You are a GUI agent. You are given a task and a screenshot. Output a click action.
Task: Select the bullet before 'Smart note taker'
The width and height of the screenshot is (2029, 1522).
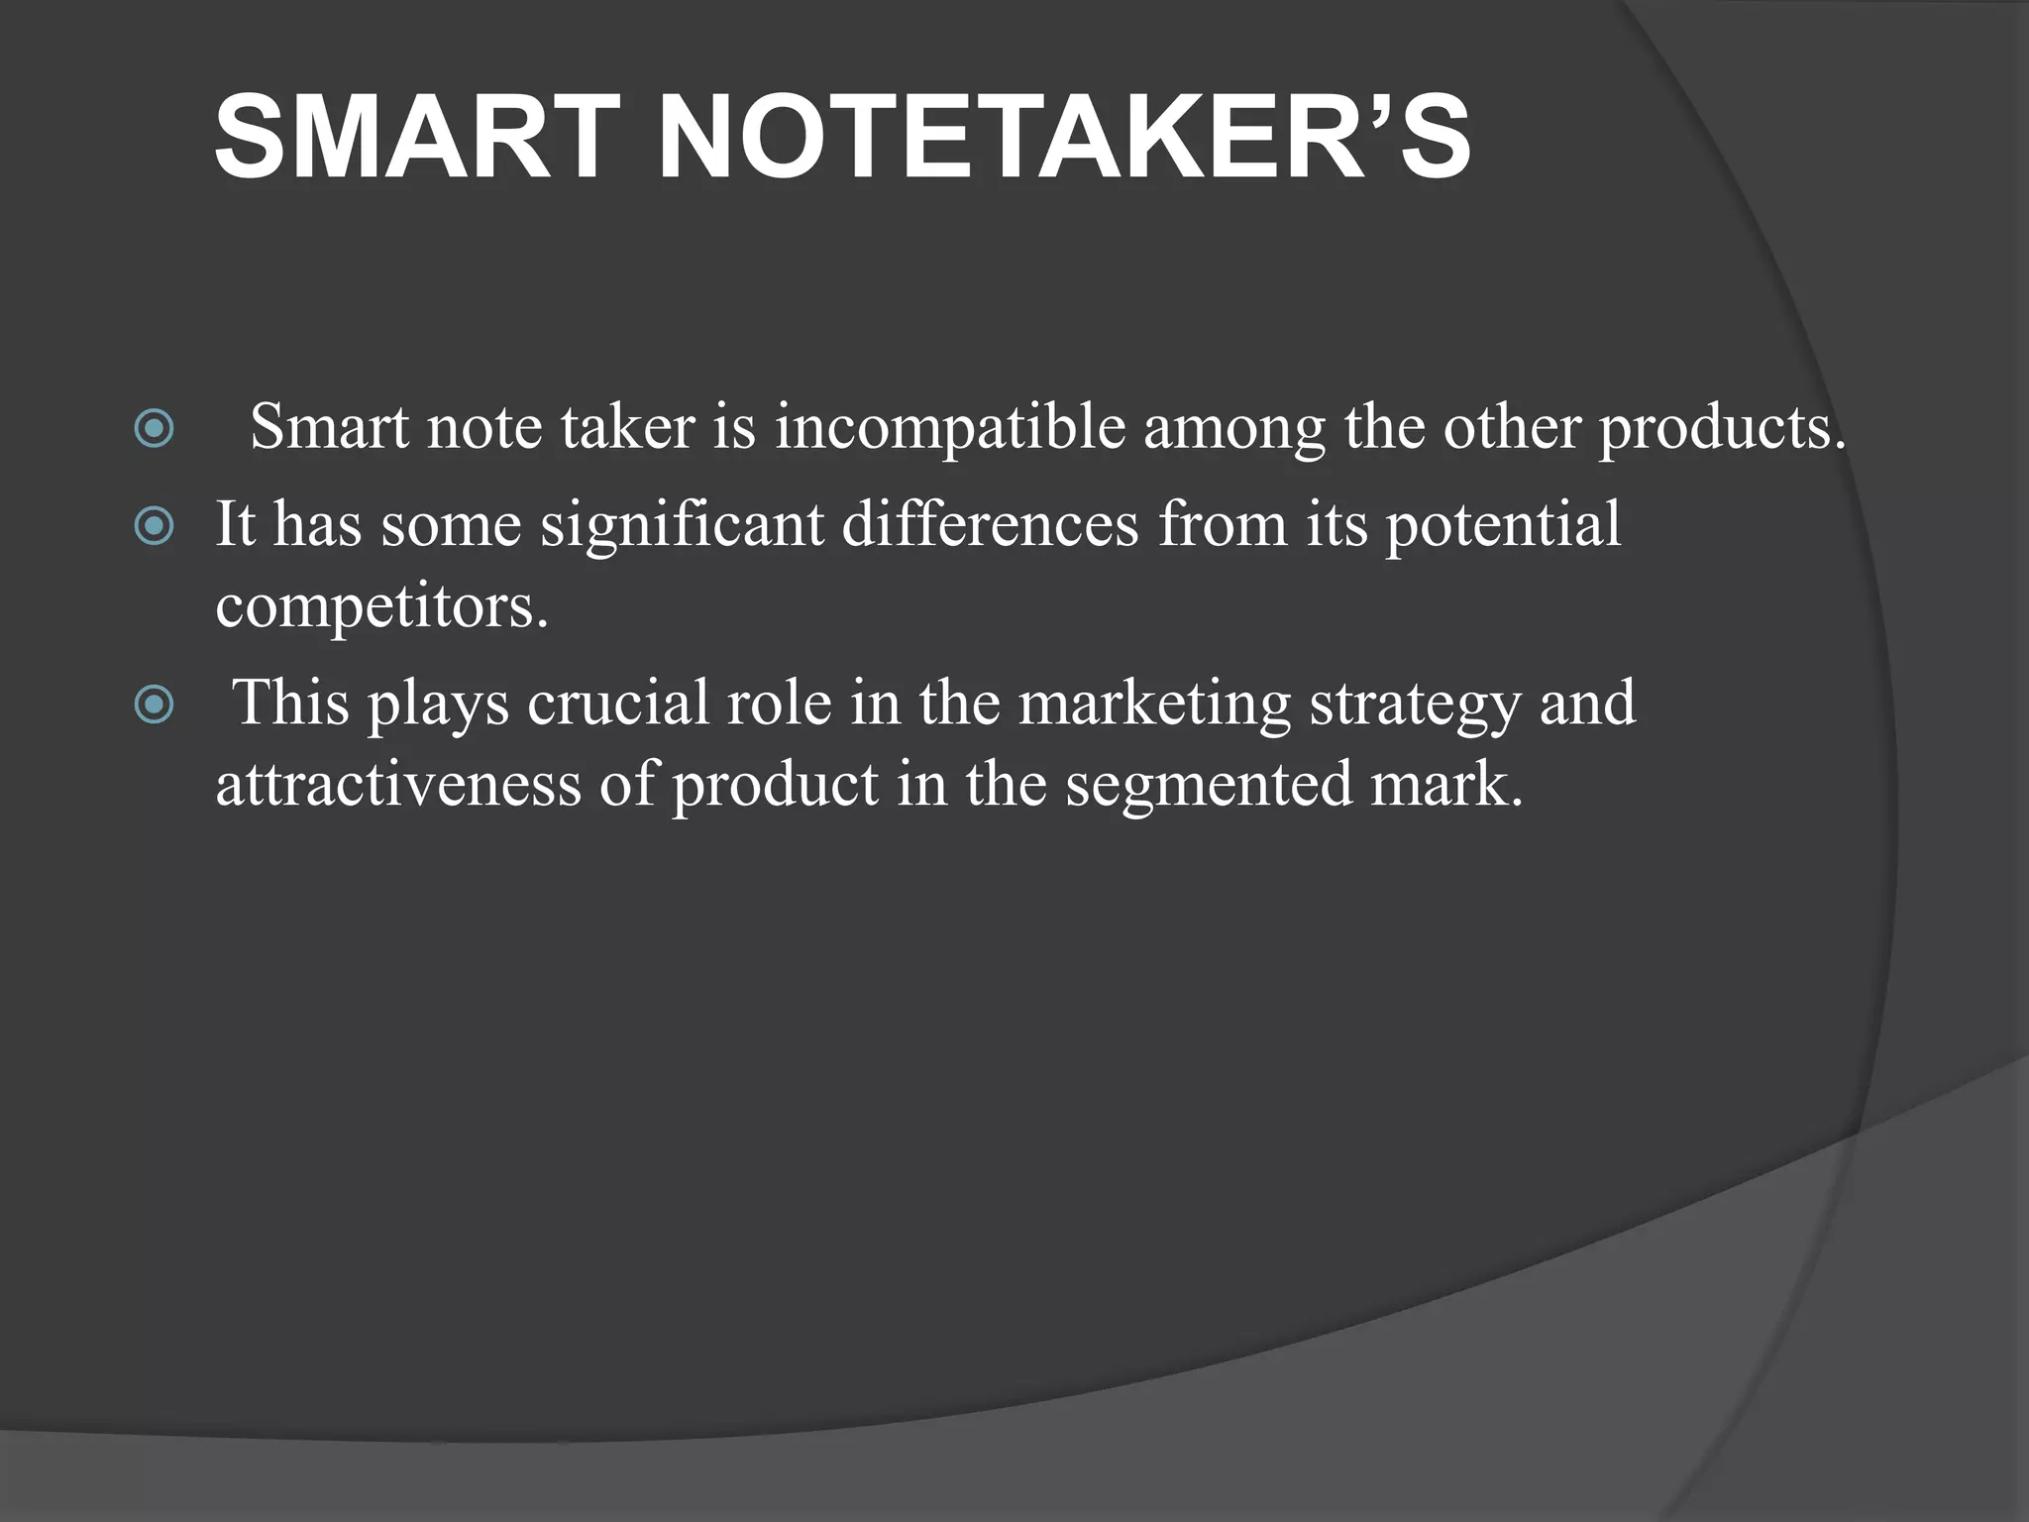point(154,429)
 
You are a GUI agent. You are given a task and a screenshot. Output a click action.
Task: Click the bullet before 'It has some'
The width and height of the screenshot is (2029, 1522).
point(154,526)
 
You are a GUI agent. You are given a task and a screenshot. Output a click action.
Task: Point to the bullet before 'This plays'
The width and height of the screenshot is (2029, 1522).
point(154,705)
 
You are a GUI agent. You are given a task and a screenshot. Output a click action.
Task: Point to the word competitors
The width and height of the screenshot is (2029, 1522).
point(381,605)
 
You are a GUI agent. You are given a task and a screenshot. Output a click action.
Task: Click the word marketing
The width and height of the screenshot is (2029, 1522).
point(1154,703)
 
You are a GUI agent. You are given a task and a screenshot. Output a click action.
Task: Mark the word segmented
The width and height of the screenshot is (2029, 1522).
point(1209,786)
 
